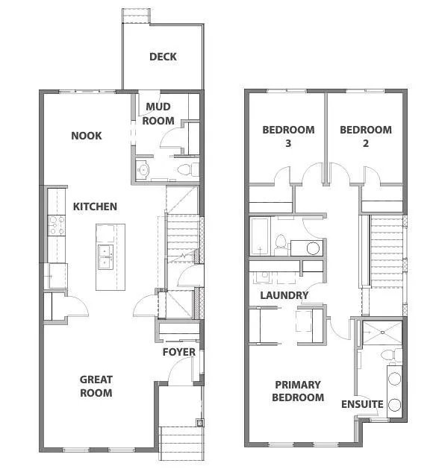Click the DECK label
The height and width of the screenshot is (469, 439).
pyautogui.click(x=162, y=57)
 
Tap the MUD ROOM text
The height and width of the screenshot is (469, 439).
pyautogui.click(x=159, y=114)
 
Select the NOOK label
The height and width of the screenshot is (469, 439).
pyautogui.click(x=87, y=136)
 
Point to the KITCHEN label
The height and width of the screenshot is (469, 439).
pyautogui.click(x=95, y=206)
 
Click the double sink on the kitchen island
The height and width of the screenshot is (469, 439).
pyautogui.click(x=105, y=256)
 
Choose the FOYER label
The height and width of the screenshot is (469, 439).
pyautogui.click(x=179, y=352)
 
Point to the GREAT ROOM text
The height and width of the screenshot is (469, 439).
pyautogui.click(x=96, y=386)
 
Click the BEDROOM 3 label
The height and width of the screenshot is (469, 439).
pyautogui.click(x=287, y=136)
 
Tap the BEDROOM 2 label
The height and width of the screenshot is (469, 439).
pyautogui.click(x=365, y=136)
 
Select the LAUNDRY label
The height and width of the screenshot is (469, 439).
pyautogui.click(x=284, y=295)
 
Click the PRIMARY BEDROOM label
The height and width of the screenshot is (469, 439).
pyautogui.click(x=298, y=391)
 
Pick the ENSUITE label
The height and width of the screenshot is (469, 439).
pyautogui.click(x=362, y=404)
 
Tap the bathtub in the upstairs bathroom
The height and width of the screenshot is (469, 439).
pyautogui.click(x=261, y=236)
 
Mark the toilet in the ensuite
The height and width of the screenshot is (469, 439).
pyautogui.click(x=386, y=354)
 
